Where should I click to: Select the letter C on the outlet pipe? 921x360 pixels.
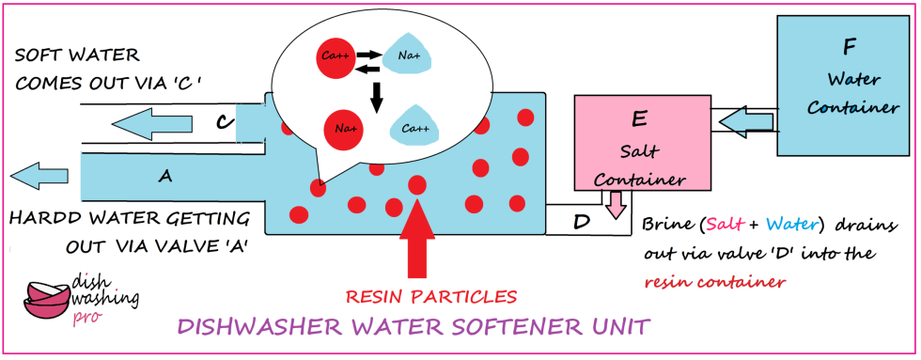tap(222, 121)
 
